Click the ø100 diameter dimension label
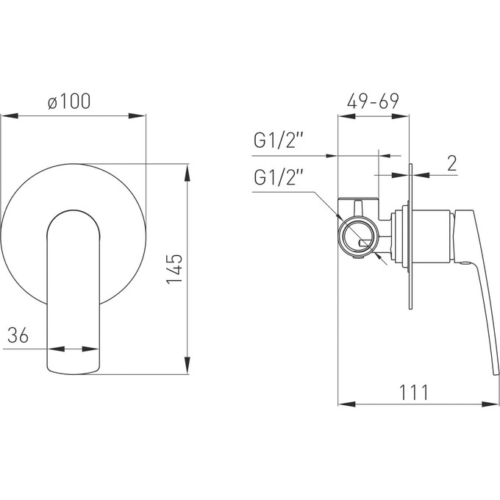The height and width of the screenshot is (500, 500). [x=69, y=101]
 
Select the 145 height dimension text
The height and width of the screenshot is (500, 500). [x=174, y=268]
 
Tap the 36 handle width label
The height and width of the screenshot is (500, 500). [x=18, y=335]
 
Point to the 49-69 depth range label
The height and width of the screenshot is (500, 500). [x=373, y=101]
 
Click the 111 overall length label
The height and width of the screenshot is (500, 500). [x=413, y=392]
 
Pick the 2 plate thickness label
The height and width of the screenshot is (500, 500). [x=452, y=163]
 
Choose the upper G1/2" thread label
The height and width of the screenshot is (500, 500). [x=278, y=140]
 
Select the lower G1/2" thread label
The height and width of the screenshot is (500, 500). [x=278, y=177]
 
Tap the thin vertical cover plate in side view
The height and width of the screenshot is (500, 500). [x=410, y=236]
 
